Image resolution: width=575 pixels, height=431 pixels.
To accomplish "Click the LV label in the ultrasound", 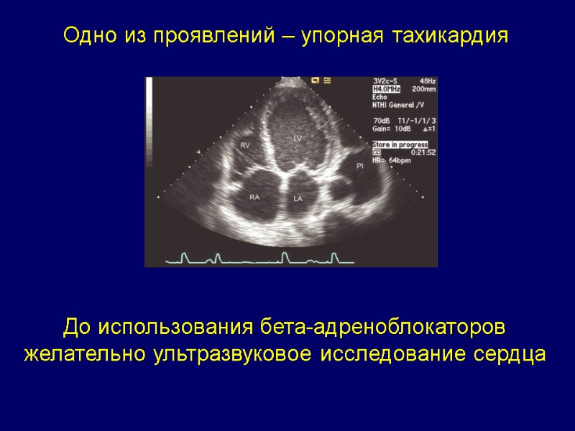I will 298,137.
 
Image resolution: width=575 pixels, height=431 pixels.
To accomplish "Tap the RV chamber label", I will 245,146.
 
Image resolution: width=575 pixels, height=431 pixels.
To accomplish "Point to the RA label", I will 254,196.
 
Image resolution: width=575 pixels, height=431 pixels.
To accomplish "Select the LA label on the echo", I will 298,198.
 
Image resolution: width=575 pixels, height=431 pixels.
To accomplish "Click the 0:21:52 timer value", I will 422,152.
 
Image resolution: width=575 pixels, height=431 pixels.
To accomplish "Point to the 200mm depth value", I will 423,89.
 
